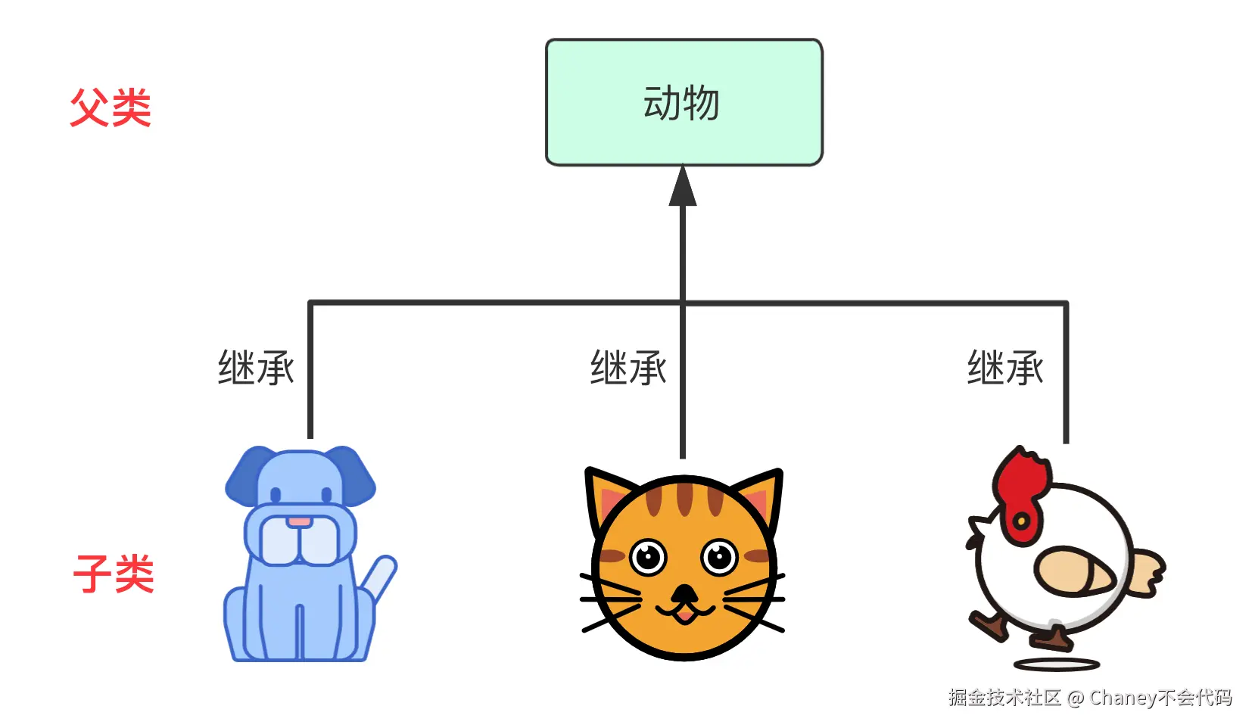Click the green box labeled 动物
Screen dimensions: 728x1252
[684, 102]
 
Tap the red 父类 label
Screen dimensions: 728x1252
[111, 107]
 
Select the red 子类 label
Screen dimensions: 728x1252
[114, 574]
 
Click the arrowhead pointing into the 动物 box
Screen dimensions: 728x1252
[683, 187]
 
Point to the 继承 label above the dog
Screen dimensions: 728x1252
[256, 369]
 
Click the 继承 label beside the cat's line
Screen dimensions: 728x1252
[628, 369]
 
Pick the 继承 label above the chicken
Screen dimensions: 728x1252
[1005, 369]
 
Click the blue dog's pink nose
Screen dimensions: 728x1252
[299, 521]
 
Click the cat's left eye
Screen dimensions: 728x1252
[648, 558]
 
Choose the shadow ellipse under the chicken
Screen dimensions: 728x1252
[1056, 665]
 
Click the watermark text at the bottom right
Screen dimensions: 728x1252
[1090, 698]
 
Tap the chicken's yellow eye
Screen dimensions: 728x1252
[1021, 521]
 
